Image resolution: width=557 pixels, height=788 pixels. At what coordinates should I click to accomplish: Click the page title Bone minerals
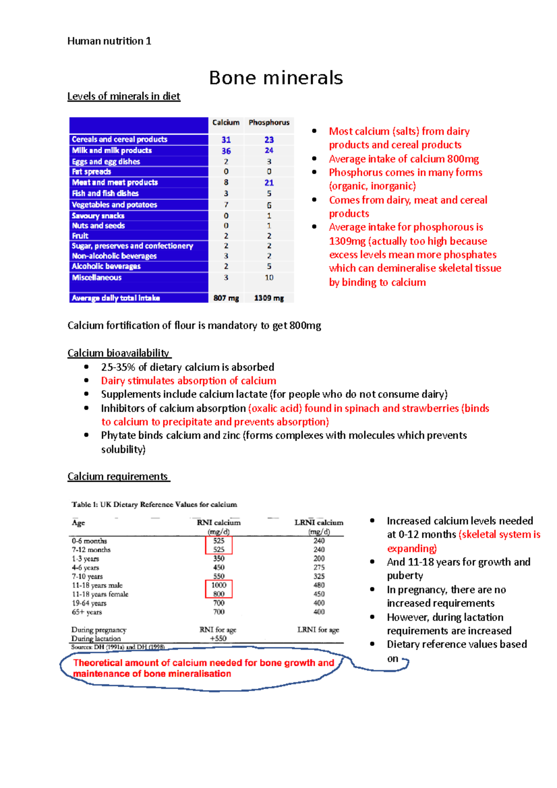tap(276, 78)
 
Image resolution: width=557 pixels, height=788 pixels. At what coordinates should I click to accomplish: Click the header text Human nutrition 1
tap(109, 41)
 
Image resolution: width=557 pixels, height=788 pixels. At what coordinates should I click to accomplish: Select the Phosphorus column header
tap(269, 123)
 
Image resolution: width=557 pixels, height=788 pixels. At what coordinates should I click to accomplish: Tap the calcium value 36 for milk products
tap(226, 151)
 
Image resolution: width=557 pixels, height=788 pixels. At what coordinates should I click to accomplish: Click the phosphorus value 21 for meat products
tap(269, 183)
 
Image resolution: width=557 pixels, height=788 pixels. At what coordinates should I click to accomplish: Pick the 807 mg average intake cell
tap(226, 298)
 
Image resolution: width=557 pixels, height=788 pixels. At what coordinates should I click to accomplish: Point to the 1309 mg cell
tap(269, 298)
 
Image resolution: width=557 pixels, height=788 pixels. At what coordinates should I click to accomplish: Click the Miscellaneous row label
tap(97, 278)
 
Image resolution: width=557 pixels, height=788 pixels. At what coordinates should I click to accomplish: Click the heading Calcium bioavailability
tap(118, 353)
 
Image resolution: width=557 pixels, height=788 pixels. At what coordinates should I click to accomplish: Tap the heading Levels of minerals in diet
tap(123, 97)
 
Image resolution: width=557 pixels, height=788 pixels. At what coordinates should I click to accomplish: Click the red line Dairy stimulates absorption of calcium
tap(188, 381)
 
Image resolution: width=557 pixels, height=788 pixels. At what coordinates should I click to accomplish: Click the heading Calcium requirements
tap(118, 477)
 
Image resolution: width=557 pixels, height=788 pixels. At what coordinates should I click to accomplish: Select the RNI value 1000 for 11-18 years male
tap(219, 585)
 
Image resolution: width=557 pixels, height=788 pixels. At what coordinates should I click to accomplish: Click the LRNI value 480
tap(319, 585)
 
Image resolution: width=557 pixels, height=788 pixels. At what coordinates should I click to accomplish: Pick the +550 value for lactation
tap(218, 639)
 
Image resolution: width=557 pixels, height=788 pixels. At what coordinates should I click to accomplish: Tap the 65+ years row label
tap(87, 612)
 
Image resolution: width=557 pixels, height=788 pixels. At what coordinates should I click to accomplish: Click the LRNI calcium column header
tap(319, 523)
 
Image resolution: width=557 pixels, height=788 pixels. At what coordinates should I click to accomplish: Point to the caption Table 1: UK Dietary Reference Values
tap(154, 504)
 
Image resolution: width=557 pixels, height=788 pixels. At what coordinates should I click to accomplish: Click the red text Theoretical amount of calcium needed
tap(203, 663)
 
